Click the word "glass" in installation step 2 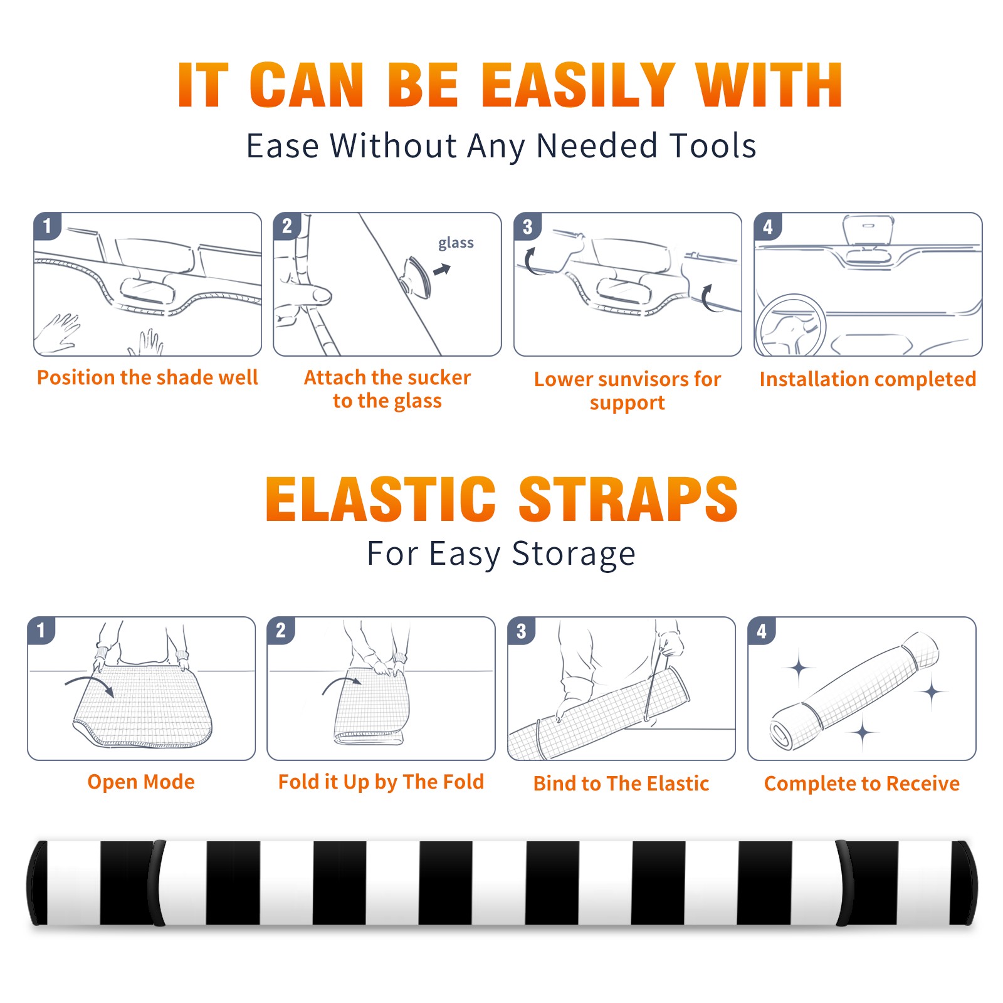456,243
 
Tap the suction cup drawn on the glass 416,276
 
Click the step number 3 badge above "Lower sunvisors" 527,226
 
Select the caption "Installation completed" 868,379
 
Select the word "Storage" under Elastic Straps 574,554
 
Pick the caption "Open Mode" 141,782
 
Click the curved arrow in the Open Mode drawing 90,684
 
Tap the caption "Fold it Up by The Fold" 381,782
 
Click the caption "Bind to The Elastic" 621,784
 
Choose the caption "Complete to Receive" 862,784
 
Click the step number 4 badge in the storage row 762,631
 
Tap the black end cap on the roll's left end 38,883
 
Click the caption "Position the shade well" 147,377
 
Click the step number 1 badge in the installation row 47,225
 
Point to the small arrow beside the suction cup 442,270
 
